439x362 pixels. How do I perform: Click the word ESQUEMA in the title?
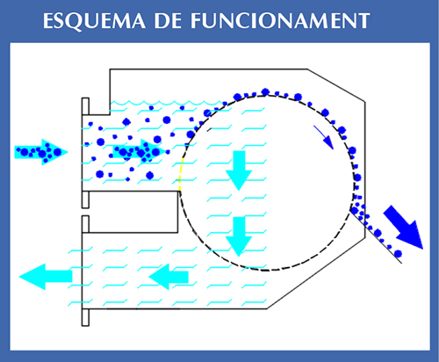click(x=94, y=21)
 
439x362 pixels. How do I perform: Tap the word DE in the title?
click(x=168, y=21)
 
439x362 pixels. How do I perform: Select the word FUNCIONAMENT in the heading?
click(x=280, y=21)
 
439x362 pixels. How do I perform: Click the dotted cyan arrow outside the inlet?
click(x=41, y=152)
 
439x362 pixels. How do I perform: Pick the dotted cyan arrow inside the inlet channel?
click(x=140, y=152)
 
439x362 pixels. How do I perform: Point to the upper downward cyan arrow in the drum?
click(x=239, y=170)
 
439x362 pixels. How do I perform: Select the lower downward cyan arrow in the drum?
click(x=239, y=236)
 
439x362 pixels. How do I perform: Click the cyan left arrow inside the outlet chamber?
click(x=169, y=277)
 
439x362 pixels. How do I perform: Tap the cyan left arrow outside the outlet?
click(x=46, y=277)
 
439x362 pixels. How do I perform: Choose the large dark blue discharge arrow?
click(x=404, y=227)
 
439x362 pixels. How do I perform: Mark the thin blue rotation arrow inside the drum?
click(x=323, y=137)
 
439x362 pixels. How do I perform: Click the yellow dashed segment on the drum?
click(x=181, y=174)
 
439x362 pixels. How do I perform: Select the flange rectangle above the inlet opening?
click(x=85, y=106)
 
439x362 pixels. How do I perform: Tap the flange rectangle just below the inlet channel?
click(x=85, y=199)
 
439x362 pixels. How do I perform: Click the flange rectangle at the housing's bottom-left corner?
click(x=85, y=317)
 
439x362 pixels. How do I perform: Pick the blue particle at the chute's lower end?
click(x=398, y=253)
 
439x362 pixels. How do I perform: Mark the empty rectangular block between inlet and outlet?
click(x=133, y=212)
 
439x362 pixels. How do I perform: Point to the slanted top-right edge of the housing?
click(x=336, y=85)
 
